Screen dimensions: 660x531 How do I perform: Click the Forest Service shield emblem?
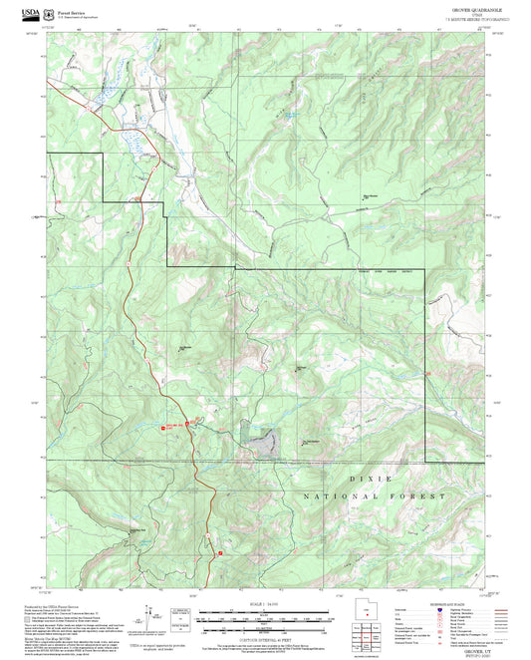point(50,14)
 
